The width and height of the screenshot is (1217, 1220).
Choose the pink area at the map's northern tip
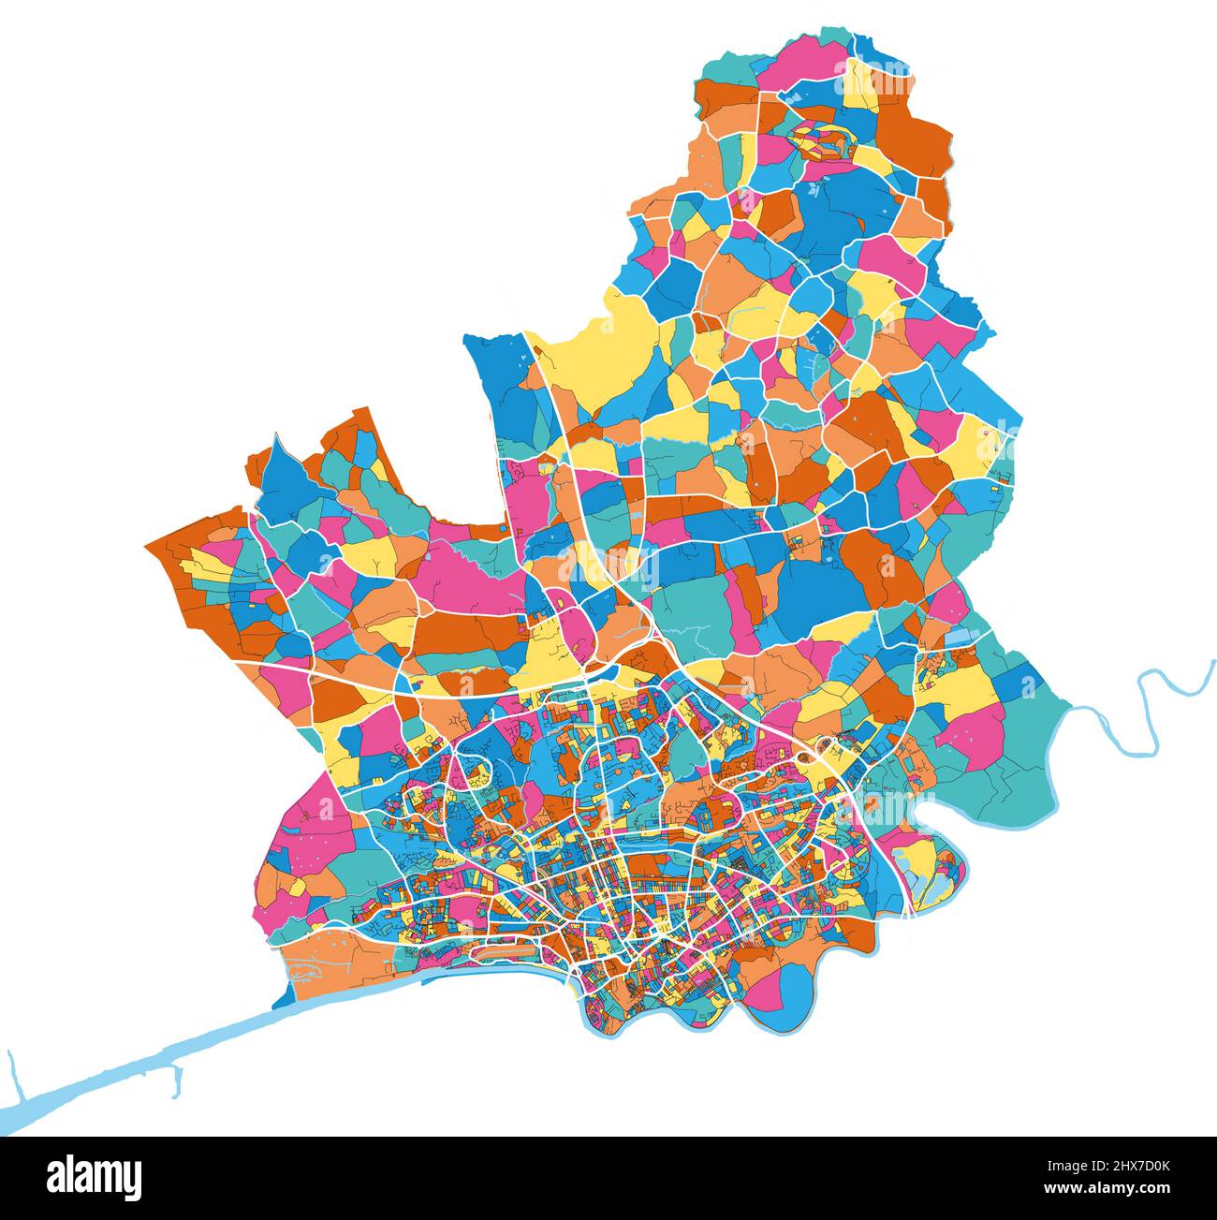[805, 61]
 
